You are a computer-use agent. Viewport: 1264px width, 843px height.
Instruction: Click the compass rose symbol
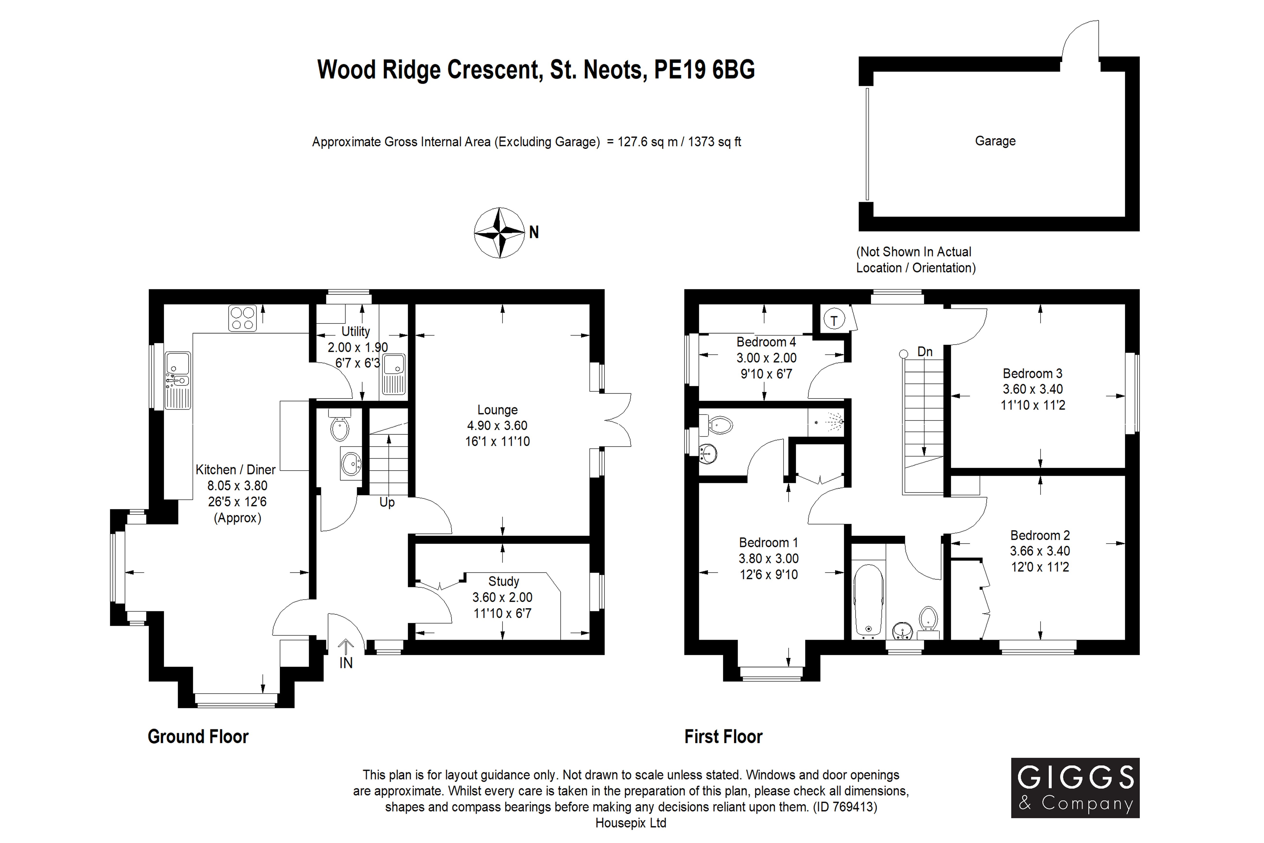click(499, 233)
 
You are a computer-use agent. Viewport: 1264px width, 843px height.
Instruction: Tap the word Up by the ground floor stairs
click(387, 502)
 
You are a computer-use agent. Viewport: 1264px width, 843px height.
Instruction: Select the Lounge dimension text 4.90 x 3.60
click(497, 426)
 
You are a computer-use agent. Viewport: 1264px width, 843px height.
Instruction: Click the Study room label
click(504, 581)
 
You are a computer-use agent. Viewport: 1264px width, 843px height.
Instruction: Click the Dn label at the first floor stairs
click(925, 352)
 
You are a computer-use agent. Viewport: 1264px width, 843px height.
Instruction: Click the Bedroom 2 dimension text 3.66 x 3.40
click(1040, 551)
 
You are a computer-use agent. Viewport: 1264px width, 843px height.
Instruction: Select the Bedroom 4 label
click(766, 342)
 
